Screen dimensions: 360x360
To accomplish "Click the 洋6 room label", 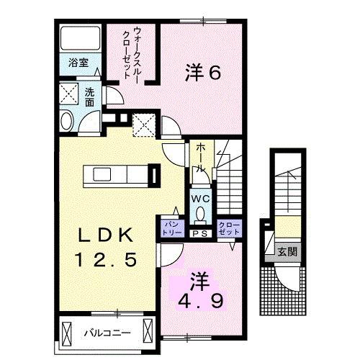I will coord(202,72).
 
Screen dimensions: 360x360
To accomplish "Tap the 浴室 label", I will coord(69,63).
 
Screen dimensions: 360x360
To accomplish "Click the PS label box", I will coord(199,232).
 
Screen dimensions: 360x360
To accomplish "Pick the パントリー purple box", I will coord(171,228).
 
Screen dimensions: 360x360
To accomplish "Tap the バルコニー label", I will coord(105,333).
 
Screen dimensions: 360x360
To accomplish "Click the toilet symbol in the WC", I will coord(200,215).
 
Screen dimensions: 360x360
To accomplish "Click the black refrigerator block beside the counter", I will coord(153,176).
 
